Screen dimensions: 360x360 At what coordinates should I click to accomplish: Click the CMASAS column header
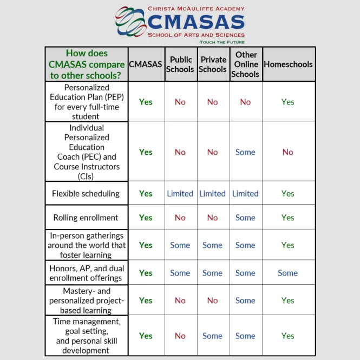coord(146,64)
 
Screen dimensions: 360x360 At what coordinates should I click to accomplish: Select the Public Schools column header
coord(181,64)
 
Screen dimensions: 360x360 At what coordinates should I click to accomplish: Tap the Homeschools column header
coord(288,64)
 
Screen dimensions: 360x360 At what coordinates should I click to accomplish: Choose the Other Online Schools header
coord(246,64)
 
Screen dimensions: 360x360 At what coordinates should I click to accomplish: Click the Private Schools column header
coord(213,64)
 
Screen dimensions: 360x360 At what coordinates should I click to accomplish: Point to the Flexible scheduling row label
coord(86,193)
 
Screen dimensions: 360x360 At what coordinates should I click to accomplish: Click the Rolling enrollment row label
coord(86,218)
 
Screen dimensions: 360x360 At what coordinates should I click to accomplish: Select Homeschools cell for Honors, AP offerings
coord(288,273)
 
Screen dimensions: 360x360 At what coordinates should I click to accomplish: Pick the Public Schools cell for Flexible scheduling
coord(180,193)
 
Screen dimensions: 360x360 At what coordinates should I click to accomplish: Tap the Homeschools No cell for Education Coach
coord(288,152)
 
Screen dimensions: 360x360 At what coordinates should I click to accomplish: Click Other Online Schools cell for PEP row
coord(245,102)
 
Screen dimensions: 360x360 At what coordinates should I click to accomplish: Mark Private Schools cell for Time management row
coord(213,336)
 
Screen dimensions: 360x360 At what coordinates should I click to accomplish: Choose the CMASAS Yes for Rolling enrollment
coord(146,218)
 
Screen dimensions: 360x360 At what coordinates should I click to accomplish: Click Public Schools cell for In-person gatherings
coord(180,245)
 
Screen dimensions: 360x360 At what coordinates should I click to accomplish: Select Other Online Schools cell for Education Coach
coord(245,152)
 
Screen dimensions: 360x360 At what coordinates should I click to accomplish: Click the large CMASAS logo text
coord(196,22)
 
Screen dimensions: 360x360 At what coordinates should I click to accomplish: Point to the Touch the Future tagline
coord(222,42)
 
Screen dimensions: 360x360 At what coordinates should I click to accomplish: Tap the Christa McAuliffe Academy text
coord(196,9)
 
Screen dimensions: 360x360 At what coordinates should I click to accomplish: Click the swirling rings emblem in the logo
coord(130,22)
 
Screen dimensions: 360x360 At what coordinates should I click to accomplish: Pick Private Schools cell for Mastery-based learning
coord(213,300)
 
